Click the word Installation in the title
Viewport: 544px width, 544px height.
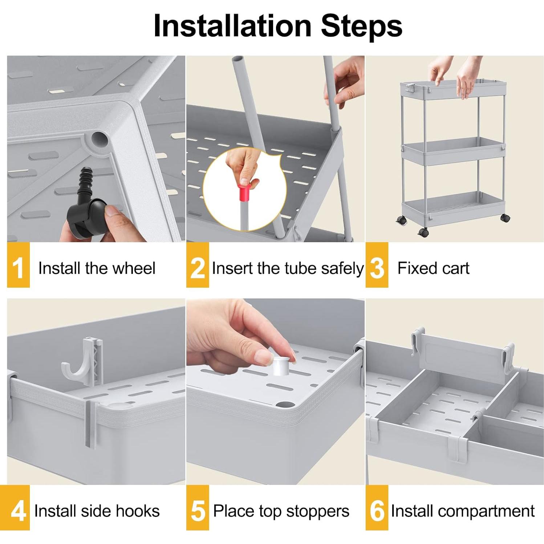coord(232,25)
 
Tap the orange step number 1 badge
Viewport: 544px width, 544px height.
coord(18,265)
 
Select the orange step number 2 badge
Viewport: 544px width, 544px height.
coord(198,265)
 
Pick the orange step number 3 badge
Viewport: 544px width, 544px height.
coord(377,265)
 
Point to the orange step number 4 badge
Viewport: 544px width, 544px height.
coord(18,508)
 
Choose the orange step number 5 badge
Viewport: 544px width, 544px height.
coord(198,508)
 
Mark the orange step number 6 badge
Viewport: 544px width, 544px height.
coord(377,508)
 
